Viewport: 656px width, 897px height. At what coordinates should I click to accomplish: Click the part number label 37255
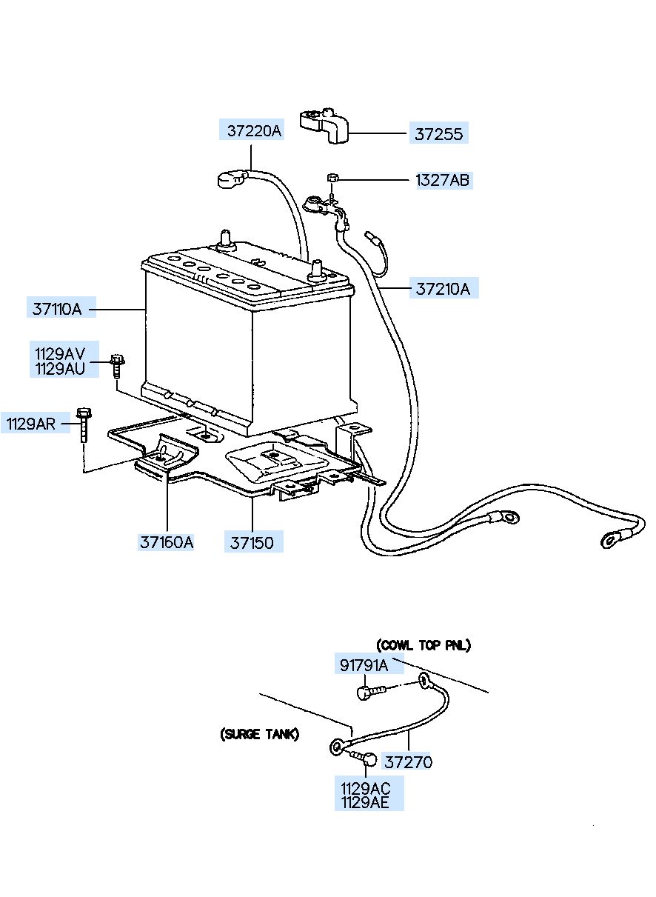(x=438, y=134)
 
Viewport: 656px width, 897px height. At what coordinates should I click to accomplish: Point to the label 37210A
(x=443, y=288)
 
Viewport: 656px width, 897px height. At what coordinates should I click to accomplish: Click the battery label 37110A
(x=57, y=309)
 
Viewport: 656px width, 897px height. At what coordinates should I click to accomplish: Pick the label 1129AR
(x=31, y=423)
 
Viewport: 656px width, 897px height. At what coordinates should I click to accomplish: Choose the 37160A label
(x=166, y=542)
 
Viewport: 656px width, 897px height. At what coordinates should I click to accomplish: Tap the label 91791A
(x=364, y=665)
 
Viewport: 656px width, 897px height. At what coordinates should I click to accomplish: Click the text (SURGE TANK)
(x=259, y=734)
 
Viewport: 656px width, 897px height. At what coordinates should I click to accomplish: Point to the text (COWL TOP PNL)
(x=424, y=645)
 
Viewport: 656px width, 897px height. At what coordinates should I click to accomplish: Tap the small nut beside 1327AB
(x=332, y=177)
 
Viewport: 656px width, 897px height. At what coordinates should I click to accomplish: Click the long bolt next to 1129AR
(x=83, y=424)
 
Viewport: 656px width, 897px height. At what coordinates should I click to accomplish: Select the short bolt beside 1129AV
(x=116, y=365)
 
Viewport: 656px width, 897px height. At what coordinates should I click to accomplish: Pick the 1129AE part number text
(x=364, y=802)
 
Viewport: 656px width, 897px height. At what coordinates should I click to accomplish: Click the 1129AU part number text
(x=60, y=369)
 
